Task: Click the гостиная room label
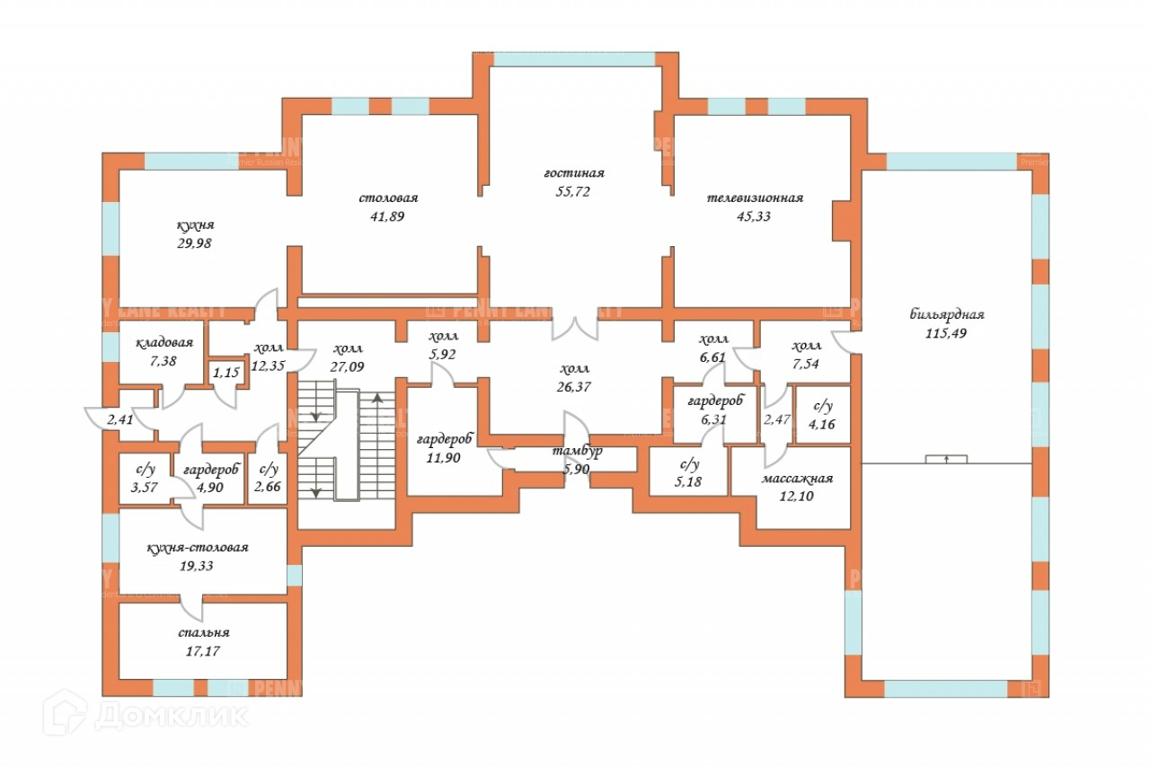point(573,172)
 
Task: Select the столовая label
point(389,198)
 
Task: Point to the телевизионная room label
point(754,198)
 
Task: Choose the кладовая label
point(165,343)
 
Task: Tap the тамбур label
point(577,450)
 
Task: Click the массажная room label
point(797,479)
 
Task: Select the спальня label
point(203,632)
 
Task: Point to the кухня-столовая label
point(198,547)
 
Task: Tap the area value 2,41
point(119,418)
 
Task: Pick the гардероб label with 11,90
point(445,439)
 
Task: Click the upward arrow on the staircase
point(377,401)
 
